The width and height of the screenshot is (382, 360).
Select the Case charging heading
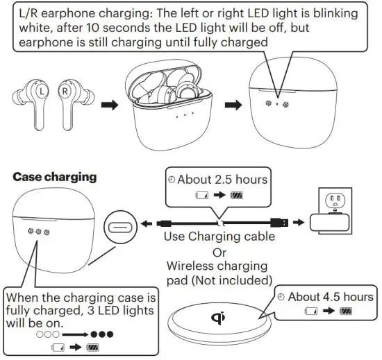pos(55,177)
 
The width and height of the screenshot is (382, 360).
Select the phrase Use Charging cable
pos(219,237)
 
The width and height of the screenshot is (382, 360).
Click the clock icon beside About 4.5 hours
pos(281,298)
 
